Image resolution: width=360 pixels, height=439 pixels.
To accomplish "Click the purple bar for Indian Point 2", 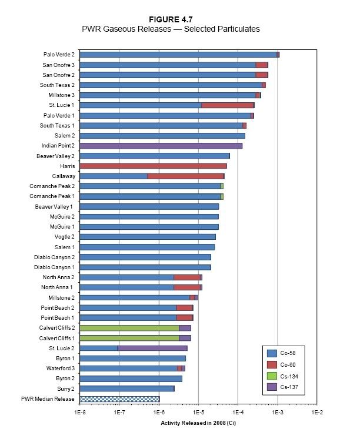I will click(161, 146).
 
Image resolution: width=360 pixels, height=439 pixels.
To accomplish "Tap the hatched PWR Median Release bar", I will click(119, 399).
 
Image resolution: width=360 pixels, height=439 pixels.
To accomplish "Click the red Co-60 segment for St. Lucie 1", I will click(227, 105).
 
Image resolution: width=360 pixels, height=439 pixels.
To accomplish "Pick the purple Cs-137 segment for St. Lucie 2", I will click(152, 348).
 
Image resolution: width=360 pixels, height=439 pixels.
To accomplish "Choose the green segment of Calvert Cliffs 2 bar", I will click(129, 328).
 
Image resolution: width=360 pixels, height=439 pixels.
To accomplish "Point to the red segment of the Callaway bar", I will click(185, 176).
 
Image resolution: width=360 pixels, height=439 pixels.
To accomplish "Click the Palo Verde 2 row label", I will click(58, 55).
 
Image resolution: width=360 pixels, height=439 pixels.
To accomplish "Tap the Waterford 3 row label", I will click(60, 368).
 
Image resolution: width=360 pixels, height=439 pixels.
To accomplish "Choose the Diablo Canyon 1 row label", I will click(54, 267).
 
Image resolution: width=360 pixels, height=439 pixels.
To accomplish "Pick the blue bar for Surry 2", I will click(127, 388).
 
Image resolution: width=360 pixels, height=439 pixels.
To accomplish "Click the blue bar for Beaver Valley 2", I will click(154, 156).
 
